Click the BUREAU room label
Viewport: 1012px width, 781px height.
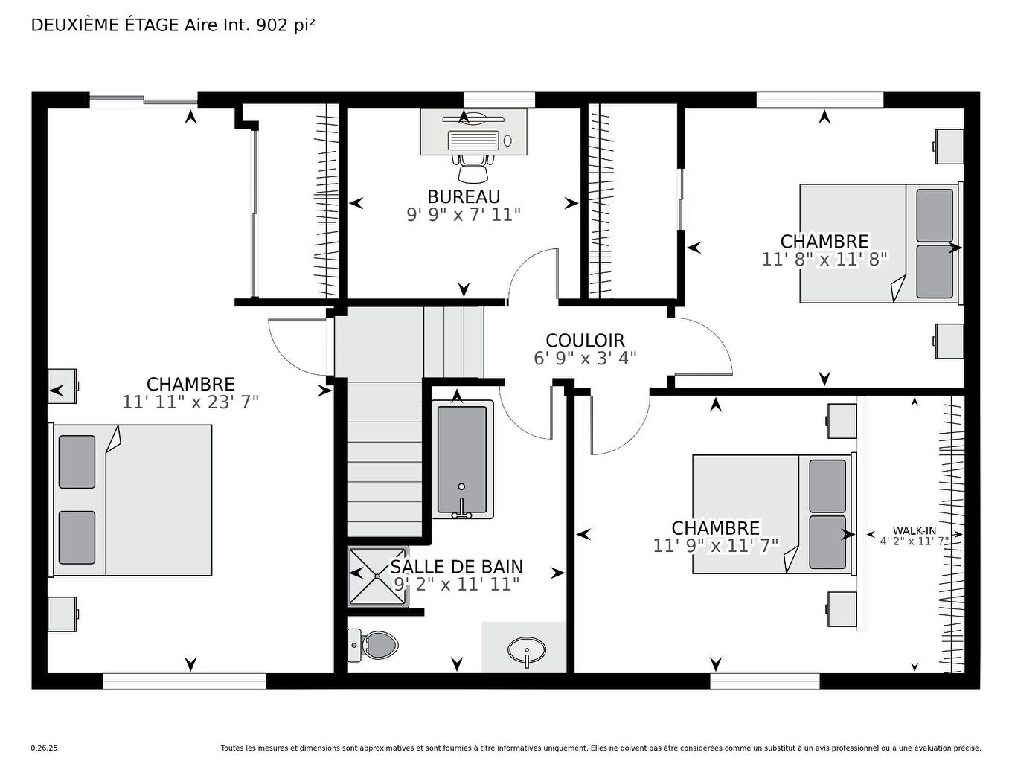(x=463, y=196)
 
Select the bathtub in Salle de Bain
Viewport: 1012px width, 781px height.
(x=461, y=460)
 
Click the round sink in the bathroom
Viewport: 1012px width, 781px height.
(x=526, y=650)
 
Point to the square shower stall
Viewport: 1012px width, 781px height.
(x=377, y=576)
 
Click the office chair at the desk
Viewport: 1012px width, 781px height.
(x=473, y=169)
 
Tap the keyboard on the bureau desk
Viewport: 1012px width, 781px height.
(x=473, y=141)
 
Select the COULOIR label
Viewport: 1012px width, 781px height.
(x=585, y=341)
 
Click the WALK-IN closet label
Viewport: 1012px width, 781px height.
(x=915, y=530)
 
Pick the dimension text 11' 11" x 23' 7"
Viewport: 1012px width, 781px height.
(x=190, y=402)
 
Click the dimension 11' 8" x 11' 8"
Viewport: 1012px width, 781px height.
(x=824, y=260)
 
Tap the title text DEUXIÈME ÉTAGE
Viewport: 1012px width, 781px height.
(x=105, y=25)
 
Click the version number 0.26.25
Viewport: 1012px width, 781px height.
(x=44, y=748)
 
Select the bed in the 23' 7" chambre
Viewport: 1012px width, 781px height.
(x=132, y=500)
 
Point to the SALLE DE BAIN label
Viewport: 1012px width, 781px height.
(x=456, y=567)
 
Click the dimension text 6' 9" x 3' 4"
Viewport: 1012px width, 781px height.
(x=585, y=359)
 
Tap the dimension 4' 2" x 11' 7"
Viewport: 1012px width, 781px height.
(x=915, y=541)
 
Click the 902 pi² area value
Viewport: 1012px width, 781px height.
(x=285, y=25)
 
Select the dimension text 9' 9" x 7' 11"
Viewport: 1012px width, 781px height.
(x=463, y=215)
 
